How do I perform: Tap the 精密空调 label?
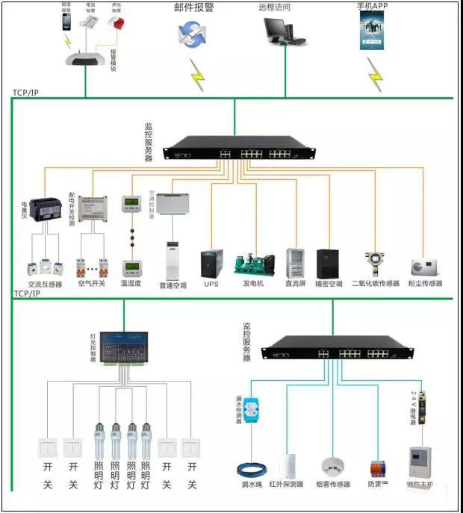pos(329,285)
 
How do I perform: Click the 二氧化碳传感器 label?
pos(373,285)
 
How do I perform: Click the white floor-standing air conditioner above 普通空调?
pos(173,258)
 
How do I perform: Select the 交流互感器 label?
pos(46,285)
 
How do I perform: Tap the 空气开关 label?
pos(92,285)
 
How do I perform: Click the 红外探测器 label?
pos(286,484)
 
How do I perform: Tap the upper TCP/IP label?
pos(25,93)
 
